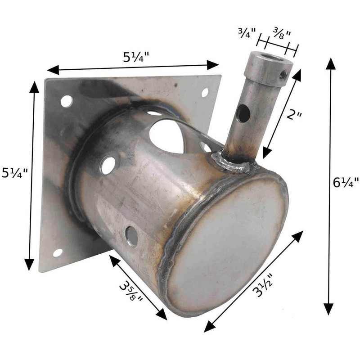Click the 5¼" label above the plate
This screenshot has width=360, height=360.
click(x=136, y=58)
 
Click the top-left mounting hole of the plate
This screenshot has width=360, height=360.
click(x=66, y=101)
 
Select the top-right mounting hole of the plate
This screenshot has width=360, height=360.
click(x=205, y=93)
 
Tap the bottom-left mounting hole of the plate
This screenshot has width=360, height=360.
click(x=58, y=252)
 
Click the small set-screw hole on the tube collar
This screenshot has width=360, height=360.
click(x=283, y=74)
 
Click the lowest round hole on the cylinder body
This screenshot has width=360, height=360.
click(x=131, y=236)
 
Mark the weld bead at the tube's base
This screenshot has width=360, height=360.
click(x=234, y=163)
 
